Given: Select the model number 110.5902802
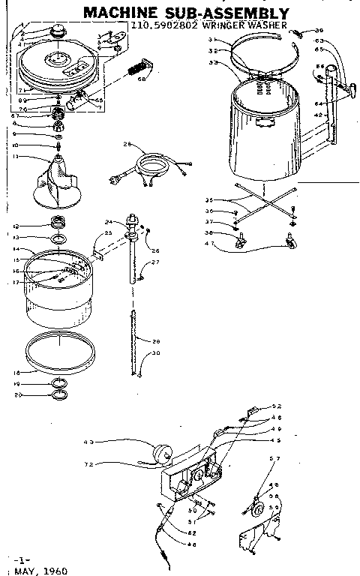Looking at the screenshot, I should (159, 25).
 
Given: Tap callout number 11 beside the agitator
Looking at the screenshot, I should (15, 157).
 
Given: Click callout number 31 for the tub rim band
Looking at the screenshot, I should (212, 40).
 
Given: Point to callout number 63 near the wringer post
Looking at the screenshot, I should (319, 40).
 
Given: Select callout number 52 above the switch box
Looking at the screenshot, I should (277, 406).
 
